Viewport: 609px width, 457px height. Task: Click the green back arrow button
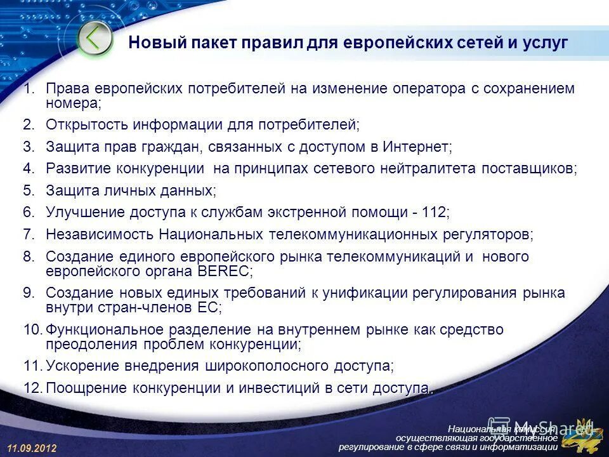tap(94, 39)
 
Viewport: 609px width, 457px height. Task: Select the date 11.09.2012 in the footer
tap(32, 448)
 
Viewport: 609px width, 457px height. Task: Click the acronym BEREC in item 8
tap(224, 271)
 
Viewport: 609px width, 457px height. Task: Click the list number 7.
tap(28, 234)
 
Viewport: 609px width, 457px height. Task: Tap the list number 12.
tap(32, 388)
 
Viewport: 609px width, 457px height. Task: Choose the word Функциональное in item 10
tap(105, 330)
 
